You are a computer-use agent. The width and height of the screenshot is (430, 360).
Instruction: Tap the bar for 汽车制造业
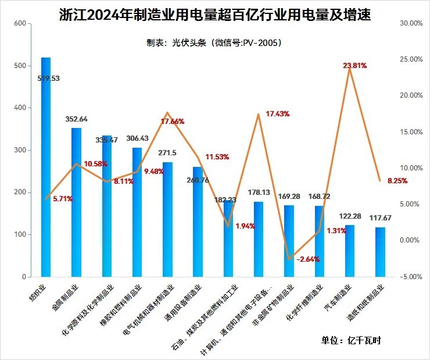pyautogui.click(x=350, y=251)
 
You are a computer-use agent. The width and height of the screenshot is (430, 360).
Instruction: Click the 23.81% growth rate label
pyautogui.click(x=355, y=66)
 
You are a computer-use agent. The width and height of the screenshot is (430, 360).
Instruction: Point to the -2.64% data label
pyautogui.click(x=307, y=259)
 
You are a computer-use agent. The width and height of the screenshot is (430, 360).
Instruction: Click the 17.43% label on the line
pyautogui.click(x=277, y=114)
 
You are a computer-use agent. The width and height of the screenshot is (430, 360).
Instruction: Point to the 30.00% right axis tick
pyautogui.click(x=410, y=23)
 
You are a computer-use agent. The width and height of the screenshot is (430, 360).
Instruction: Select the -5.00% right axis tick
pyautogui.click(x=410, y=277)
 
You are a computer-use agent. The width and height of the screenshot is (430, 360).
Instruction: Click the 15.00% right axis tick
pyautogui.click(x=410, y=132)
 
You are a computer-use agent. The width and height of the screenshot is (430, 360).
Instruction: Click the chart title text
pyautogui.click(x=215, y=15)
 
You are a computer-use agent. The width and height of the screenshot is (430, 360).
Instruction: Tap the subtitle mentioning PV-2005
pyautogui.click(x=214, y=42)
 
